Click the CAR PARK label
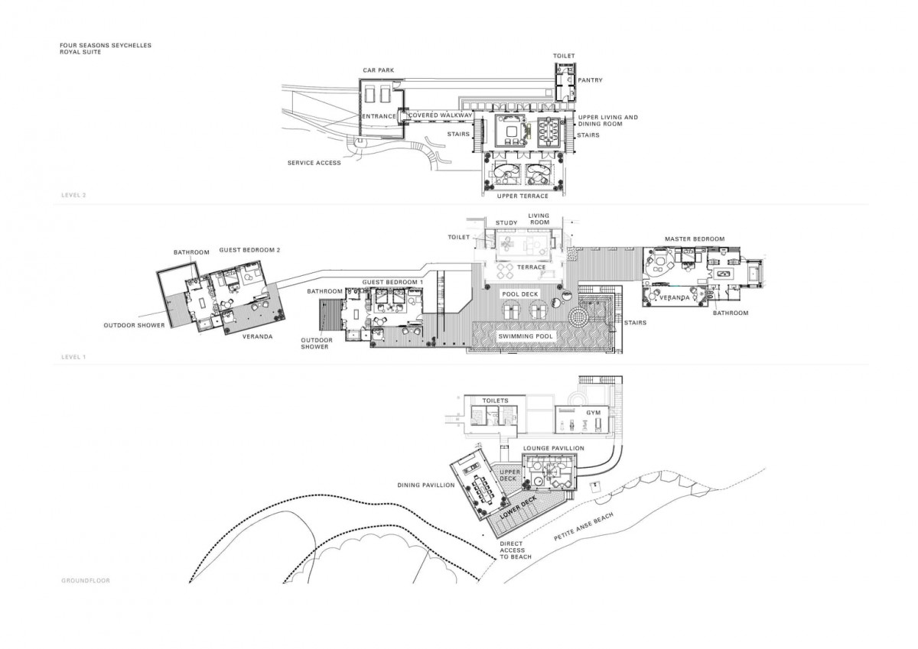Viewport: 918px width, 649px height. coord(378,70)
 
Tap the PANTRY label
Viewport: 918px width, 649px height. coord(590,80)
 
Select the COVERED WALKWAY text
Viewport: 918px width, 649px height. coord(441,115)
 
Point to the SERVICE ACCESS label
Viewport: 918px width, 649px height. coord(314,163)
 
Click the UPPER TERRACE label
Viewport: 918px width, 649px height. coord(522,196)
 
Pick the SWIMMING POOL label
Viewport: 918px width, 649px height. coord(526,336)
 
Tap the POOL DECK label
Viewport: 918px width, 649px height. coord(520,294)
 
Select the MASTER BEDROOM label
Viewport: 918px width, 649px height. coord(695,239)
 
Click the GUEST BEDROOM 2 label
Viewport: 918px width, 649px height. coord(249,250)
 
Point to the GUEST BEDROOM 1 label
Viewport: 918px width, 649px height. coord(392,282)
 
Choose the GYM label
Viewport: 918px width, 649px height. coord(593,413)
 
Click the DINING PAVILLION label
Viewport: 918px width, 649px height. coord(426,485)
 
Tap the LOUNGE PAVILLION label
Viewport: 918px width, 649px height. coord(554,449)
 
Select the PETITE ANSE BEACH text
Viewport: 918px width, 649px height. coord(584,527)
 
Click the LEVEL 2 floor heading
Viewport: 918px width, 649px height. coord(73,196)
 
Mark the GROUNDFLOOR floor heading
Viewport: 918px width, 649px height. coord(86,581)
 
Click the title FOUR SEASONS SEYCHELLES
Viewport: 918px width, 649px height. coord(106,45)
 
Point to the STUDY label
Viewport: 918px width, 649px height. coord(506,222)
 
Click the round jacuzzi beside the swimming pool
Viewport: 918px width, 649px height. coord(578,316)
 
